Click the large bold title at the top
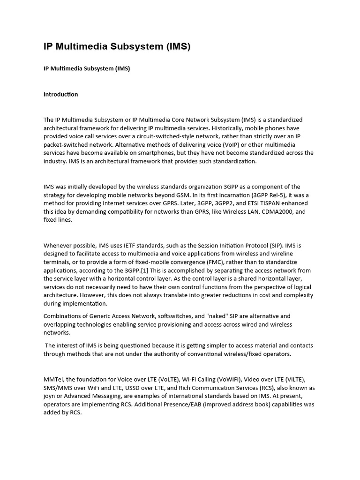tap(117, 47)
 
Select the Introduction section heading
tap(61, 94)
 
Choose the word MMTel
tap(53, 379)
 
